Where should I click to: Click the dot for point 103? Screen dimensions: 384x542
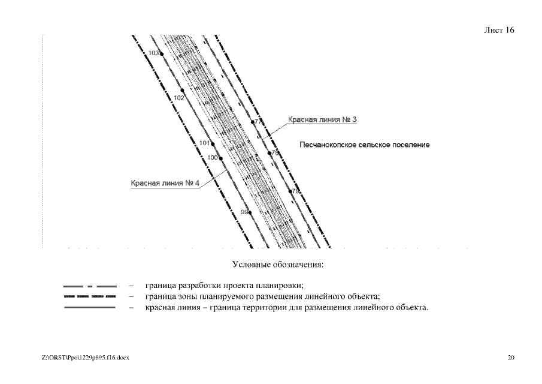tap(162, 53)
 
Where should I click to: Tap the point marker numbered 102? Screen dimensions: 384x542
tap(187, 97)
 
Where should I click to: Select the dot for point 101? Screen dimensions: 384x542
tap(213, 144)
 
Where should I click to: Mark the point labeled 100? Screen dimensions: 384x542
tap(220, 158)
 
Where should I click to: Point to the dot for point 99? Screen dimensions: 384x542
tap(250, 212)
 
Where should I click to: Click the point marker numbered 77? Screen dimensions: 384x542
tap(253, 122)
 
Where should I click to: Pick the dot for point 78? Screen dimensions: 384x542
tap(270, 153)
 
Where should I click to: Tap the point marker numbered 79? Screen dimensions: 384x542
tap(290, 191)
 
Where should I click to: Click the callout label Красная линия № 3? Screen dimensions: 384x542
tap(322, 120)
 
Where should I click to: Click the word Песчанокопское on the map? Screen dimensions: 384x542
tap(329, 145)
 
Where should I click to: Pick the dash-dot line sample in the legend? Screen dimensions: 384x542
tap(90, 286)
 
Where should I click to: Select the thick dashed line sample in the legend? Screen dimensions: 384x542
tap(90, 296)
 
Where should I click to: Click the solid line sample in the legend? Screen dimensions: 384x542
tap(90, 308)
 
